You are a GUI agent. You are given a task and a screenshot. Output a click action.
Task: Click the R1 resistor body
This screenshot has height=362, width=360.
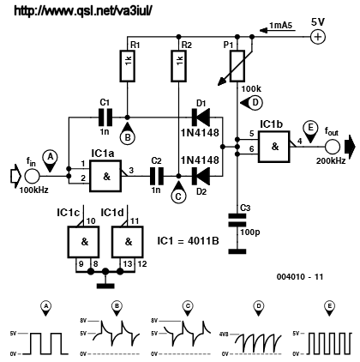point(128,66)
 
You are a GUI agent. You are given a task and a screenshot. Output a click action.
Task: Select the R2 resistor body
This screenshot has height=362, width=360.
point(178,66)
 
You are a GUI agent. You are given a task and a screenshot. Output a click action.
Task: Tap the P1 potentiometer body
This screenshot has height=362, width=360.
point(237,66)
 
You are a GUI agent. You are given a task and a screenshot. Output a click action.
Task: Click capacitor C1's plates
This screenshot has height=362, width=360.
point(105,118)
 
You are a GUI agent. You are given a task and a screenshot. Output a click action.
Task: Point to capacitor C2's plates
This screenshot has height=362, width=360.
point(157,176)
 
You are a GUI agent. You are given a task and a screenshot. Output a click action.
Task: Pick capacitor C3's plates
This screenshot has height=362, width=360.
point(237,220)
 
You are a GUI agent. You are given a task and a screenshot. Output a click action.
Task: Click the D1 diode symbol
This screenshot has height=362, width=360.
point(201,118)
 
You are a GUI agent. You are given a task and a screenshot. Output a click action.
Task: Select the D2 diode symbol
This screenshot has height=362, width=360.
point(201,176)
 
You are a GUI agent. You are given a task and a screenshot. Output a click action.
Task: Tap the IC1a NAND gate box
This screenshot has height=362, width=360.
point(106,176)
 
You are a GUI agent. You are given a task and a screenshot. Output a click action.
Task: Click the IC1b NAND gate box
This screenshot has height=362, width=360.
point(274,147)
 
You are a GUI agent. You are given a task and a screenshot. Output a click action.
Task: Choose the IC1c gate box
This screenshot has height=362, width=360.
point(84,242)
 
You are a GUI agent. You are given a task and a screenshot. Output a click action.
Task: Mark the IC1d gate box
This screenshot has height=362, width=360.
point(127,242)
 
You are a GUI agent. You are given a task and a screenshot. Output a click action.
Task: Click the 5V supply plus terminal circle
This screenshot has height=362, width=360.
point(318,37)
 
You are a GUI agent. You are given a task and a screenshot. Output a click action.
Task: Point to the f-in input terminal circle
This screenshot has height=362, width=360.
point(32,176)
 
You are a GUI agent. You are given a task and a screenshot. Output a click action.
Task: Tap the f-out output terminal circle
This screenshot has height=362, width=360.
point(333,147)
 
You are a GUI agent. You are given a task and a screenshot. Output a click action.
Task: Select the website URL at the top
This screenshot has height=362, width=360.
point(83,11)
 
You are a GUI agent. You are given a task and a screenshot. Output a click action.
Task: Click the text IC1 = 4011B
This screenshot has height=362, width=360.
point(188,241)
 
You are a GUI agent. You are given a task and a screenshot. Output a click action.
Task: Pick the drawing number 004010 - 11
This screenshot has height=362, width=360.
point(300,277)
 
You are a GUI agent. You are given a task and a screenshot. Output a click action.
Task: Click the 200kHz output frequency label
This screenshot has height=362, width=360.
point(331,160)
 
